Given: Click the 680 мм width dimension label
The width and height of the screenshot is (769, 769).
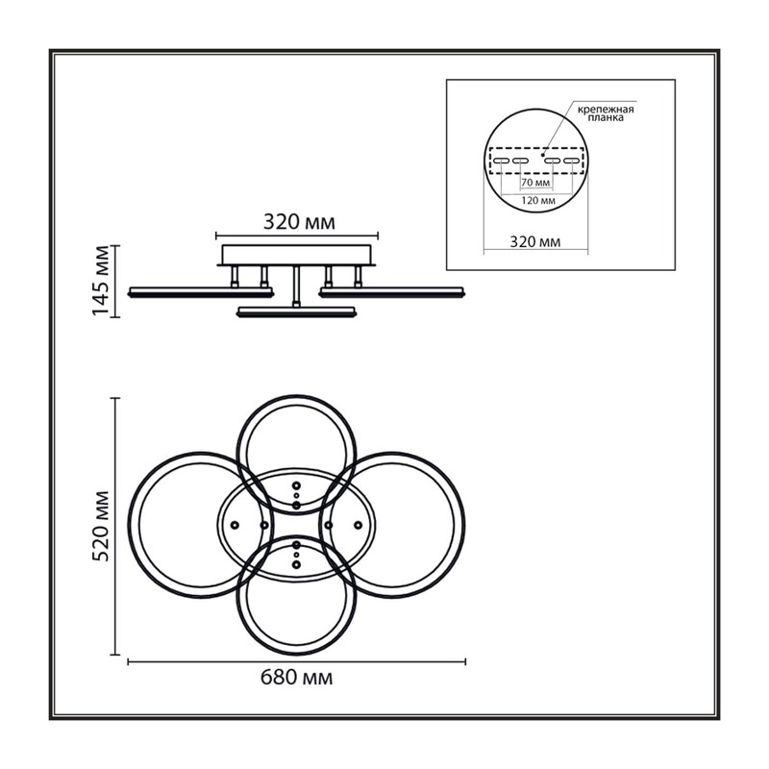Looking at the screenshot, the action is [296, 678].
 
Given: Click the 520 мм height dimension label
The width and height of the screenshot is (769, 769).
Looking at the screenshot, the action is [101, 526].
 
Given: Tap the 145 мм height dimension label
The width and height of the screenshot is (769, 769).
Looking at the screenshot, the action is [101, 281].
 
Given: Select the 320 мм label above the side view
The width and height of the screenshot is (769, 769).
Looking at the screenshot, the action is [299, 222].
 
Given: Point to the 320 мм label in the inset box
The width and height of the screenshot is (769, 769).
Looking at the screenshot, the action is [535, 242].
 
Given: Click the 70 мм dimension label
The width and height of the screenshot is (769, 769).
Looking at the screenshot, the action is [535, 183].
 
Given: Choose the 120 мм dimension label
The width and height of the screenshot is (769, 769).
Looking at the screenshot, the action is [537, 200].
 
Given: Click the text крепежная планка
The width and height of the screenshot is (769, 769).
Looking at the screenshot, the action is [606, 113].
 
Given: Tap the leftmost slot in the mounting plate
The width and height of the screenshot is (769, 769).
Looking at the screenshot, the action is [501, 161].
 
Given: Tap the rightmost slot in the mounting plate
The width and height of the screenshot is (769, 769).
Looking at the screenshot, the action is [572, 161].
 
